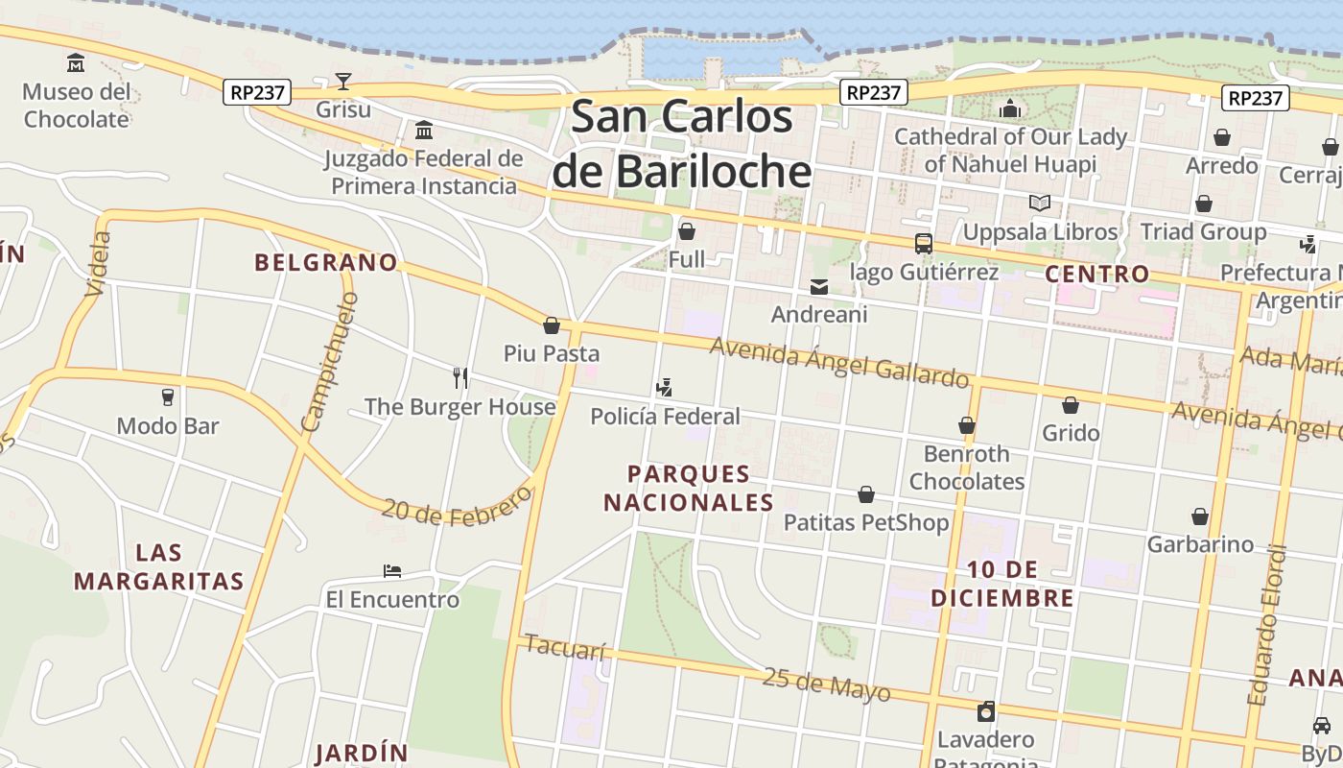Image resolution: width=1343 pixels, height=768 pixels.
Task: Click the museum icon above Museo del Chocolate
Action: coord(76,63)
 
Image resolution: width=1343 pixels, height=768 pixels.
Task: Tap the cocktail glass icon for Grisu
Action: coord(343,81)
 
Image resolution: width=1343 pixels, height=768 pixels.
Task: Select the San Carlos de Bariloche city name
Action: coord(682,144)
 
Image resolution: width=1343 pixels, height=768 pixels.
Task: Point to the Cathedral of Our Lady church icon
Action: coord(1009,108)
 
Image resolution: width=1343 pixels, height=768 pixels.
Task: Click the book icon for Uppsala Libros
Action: coord(1039,203)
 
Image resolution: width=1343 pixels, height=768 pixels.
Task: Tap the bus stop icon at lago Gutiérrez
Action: coord(923,243)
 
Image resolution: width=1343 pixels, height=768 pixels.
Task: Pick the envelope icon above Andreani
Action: coord(819,286)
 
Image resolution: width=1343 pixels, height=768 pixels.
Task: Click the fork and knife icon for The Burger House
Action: coord(460,377)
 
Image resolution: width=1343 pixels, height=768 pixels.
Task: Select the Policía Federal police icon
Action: coord(664,387)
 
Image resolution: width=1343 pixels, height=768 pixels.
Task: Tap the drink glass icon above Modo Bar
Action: coord(168,396)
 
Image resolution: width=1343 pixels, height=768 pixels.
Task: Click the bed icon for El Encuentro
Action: coord(392,571)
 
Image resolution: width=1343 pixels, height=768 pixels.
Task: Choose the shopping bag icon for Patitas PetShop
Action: coord(866,494)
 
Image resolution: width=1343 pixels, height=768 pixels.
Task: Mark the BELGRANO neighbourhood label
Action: coord(325,262)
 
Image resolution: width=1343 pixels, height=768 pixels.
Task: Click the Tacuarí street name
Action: coord(565,648)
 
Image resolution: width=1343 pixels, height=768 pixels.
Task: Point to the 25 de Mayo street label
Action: coord(826,684)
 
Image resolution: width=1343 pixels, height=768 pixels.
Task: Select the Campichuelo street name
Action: coord(330,362)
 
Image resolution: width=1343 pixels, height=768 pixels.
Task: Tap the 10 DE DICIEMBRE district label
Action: coord(1001,584)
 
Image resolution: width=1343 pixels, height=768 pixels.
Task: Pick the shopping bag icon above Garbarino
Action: coord(1199,516)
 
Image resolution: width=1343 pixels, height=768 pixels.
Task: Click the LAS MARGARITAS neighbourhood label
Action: coord(158,566)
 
